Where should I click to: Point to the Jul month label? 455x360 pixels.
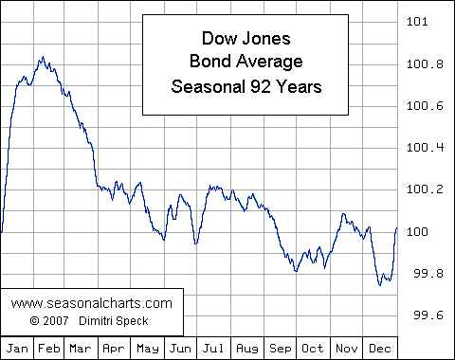click(215, 348)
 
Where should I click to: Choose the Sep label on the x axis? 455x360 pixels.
click(282, 348)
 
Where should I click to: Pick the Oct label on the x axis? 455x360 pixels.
click(314, 348)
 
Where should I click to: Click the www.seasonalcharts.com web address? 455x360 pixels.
click(92, 303)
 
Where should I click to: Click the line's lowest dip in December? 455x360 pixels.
click(380, 284)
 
